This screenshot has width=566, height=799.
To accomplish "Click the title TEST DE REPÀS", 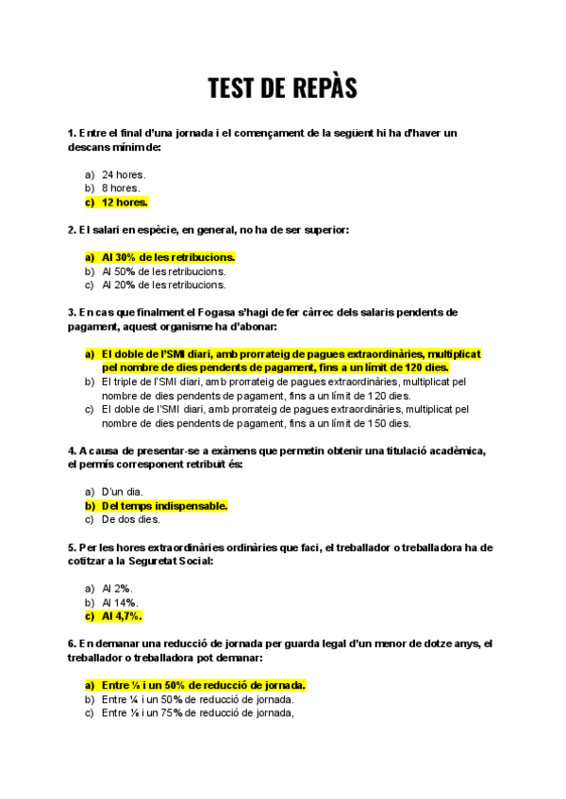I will click(x=282, y=90).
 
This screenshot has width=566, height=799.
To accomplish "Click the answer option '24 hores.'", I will click(x=123, y=175).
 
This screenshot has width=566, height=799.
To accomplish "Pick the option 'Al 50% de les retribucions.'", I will click(x=163, y=270).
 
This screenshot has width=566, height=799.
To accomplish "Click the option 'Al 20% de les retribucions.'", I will click(x=163, y=284).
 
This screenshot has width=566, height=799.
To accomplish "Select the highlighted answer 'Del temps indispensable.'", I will click(x=164, y=505).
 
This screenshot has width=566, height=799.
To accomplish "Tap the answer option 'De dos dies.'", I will click(x=130, y=518).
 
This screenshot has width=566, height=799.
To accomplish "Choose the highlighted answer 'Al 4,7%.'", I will click(x=122, y=615).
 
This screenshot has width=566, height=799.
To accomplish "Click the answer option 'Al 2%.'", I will click(x=117, y=588).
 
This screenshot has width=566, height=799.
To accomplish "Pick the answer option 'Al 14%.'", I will click(x=120, y=602).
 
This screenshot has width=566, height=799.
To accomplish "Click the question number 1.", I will click(x=72, y=134).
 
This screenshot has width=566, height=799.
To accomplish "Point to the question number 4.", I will click(x=72, y=450).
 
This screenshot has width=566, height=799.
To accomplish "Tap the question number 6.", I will click(x=72, y=644).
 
